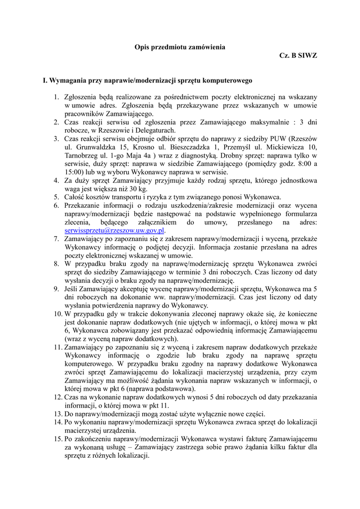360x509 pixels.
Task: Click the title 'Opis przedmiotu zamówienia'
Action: pyautogui.click(x=180, y=47)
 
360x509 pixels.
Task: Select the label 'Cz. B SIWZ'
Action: pyautogui.click(x=298, y=56)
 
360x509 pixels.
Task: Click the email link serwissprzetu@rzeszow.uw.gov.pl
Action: pyautogui.click(x=114, y=231)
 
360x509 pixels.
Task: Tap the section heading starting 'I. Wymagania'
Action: pyautogui.click(x=148, y=80)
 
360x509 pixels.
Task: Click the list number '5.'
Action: pyautogui.click(x=57, y=197)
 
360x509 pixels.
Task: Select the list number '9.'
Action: pyautogui.click(x=57, y=289)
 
